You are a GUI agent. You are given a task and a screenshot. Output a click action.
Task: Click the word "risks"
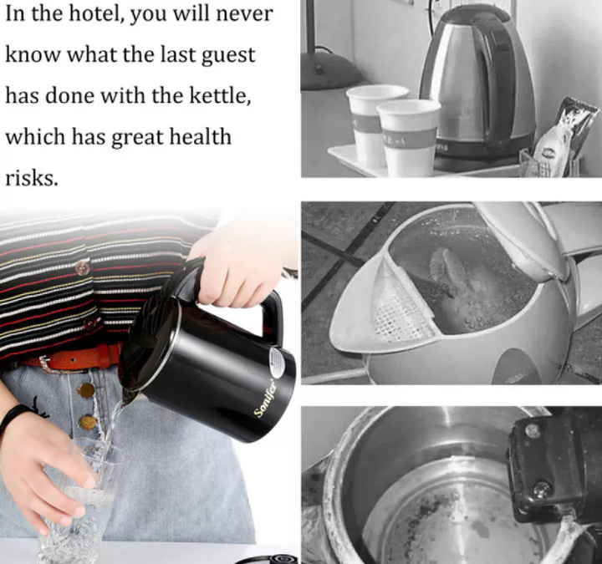(32, 178)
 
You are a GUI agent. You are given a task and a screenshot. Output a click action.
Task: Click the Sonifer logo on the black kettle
(266, 398)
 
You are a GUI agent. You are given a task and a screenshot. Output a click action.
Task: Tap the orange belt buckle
(43, 363)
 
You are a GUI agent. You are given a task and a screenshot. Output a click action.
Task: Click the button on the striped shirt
(83, 268)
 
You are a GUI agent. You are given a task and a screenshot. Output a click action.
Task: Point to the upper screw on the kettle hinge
(532, 429)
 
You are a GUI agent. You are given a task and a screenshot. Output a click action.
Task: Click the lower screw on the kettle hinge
(542, 489)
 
